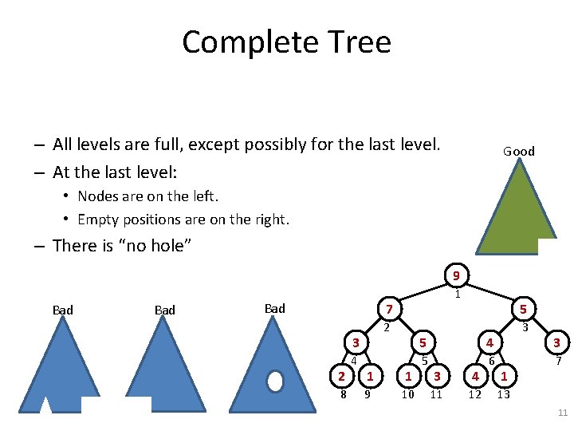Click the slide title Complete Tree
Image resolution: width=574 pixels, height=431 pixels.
(x=286, y=42)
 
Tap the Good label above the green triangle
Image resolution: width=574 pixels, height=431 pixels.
(x=518, y=151)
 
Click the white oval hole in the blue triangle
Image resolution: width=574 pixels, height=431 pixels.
(x=275, y=382)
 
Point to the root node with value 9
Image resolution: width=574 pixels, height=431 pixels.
(x=456, y=277)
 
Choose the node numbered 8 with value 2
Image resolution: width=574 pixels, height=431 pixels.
(x=341, y=376)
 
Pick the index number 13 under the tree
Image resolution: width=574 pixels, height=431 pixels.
(x=503, y=393)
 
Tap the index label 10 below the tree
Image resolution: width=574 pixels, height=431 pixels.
(x=407, y=393)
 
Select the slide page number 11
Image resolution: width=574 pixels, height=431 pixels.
(x=561, y=412)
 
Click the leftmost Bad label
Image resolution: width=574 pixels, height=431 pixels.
(x=62, y=310)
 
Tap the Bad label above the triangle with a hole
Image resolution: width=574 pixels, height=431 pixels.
(x=274, y=308)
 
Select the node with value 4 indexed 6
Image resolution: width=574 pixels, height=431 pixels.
(x=490, y=343)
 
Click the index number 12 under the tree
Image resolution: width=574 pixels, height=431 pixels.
(x=474, y=393)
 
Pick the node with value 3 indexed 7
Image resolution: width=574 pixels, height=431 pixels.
(x=557, y=343)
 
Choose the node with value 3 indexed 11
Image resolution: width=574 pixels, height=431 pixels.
(x=436, y=376)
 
